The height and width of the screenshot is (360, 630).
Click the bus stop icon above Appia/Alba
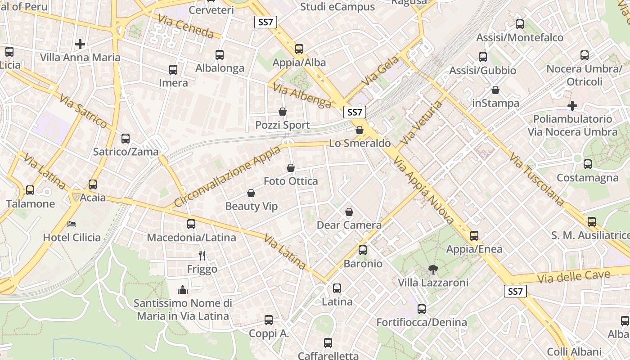click(299, 49)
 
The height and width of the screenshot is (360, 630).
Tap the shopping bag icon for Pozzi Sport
click(283, 112)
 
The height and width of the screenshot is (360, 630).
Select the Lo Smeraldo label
click(360, 144)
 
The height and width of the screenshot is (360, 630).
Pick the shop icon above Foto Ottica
click(291, 168)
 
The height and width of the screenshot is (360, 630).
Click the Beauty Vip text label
click(252, 207)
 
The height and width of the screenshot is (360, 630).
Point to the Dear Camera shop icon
click(349, 212)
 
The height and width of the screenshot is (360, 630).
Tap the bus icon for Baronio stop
click(363, 250)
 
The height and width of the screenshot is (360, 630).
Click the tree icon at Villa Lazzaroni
click(433, 270)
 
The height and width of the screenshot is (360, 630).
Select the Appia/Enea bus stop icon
click(474, 236)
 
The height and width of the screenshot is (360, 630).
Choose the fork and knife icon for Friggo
click(202, 256)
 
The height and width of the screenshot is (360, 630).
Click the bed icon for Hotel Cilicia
click(72, 224)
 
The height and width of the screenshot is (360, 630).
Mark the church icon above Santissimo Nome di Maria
click(183, 289)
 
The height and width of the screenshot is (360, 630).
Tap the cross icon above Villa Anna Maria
click(80, 44)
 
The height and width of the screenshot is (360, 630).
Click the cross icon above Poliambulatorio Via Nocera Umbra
click(572, 106)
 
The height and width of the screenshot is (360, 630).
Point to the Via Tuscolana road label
click(537, 179)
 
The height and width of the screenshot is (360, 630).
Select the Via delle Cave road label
click(574, 276)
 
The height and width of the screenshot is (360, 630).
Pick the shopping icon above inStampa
click(495, 90)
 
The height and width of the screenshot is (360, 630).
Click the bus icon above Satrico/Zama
click(126, 139)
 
